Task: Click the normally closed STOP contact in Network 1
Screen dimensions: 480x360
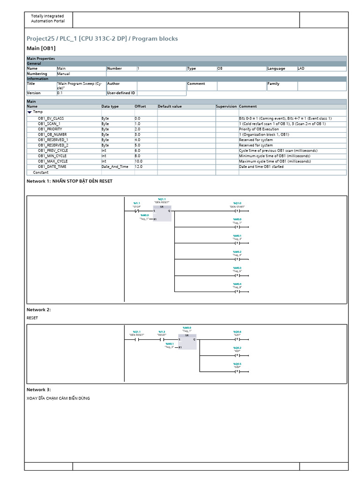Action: click(137, 211)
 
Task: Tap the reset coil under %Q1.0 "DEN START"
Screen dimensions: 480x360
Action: click(237, 211)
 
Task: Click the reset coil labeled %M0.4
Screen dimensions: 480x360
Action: click(237, 291)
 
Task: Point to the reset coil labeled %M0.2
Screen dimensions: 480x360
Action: click(237, 259)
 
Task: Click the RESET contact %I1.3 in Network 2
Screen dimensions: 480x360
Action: click(162, 339)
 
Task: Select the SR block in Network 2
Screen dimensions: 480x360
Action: click(187, 342)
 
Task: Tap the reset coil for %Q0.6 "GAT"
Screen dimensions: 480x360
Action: click(237, 339)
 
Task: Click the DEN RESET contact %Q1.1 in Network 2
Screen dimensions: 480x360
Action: click(137, 339)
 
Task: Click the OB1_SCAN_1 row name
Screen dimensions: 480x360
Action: click(49, 124)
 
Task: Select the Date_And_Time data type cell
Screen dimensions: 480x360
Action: click(114, 166)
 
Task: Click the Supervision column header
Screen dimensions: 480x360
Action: click(226, 106)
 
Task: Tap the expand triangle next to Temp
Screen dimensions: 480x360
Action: click(30, 112)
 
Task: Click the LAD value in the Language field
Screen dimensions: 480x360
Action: click(301, 68)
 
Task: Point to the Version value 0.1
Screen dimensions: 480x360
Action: click(60, 93)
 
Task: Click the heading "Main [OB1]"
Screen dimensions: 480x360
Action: click(41, 48)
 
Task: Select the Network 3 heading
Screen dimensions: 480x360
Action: click(39, 390)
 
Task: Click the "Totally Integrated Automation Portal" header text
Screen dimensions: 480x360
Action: click(48, 19)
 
